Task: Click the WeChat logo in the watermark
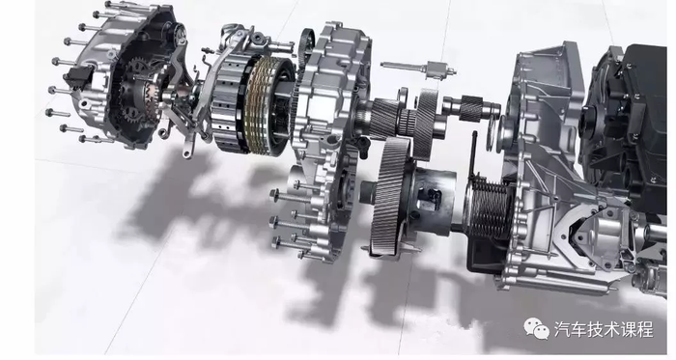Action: pos(536,329)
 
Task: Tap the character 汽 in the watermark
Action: pos(562,330)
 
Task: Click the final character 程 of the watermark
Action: pos(644,330)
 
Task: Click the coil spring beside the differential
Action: pos(490,208)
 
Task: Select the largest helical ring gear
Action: pos(390,196)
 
